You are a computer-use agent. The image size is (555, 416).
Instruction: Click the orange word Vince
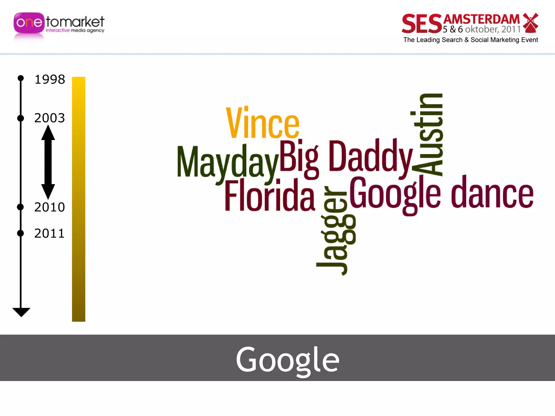[262, 123]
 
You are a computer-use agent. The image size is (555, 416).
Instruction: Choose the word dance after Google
[492, 194]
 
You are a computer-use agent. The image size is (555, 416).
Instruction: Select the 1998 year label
[50, 80]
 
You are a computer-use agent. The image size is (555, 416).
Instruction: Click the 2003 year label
[50, 118]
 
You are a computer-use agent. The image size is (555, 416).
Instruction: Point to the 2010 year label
[50, 207]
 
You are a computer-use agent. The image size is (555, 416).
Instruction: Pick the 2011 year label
[50, 233]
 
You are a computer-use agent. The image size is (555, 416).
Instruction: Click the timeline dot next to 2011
[21, 233]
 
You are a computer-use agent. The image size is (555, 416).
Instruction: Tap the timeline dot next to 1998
[21, 78]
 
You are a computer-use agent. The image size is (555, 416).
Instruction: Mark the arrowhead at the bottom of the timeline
[21, 312]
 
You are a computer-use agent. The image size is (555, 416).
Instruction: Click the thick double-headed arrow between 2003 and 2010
[48, 162]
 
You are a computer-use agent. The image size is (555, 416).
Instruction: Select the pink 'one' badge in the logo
[29, 23]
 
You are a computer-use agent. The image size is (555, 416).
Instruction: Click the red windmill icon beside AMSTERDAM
[530, 23]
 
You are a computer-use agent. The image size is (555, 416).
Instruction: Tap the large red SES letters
[422, 24]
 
